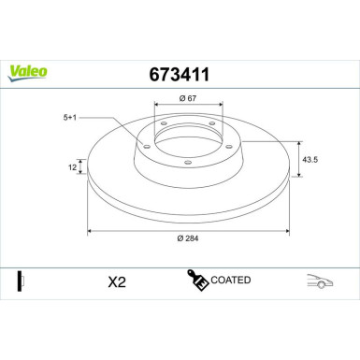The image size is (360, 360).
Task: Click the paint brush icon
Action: (197, 281)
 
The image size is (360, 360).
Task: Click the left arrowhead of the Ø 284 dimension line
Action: (90, 229)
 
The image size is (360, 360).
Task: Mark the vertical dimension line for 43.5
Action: (296, 159)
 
